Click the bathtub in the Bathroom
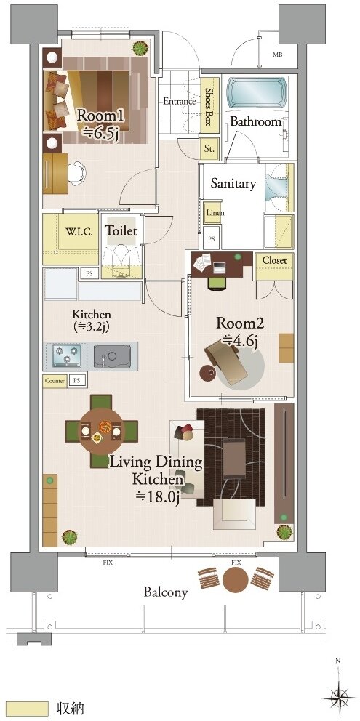tap(257, 93)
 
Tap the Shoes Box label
tap(208, 107)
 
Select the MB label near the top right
tap(277, 55)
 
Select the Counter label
tap(55, 381)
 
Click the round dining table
tap(101, 431)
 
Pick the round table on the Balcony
tap(235, 579)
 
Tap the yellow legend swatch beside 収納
tap(28, 707)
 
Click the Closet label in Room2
tap(274, 260)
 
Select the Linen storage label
tap(215, 214)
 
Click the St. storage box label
tap(209, 148)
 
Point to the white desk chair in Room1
tap(76, 174)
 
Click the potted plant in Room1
tap(140, 48)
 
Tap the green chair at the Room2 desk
tap(217, 282)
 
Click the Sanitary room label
tap(233, 183)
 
